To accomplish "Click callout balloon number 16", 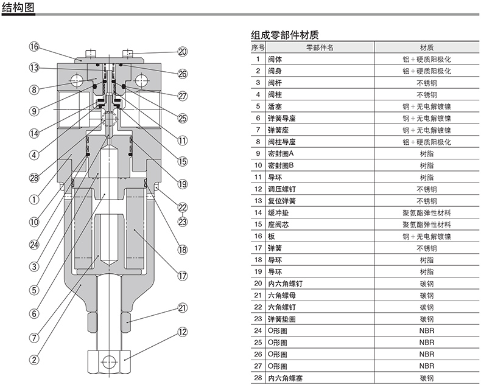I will tap(34, 47).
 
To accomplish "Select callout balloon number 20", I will tap(183, 52).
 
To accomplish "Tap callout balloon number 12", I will tap(182, 332).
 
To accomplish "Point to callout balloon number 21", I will tap(182, 308).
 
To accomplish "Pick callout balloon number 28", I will tap(34, 178).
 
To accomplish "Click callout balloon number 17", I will tap(182, 275).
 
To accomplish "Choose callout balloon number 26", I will tap(183, 74).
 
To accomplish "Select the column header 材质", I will tap(426, 47).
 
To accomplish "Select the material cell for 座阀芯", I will tap(426, 225).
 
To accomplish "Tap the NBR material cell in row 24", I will tap(426, 331).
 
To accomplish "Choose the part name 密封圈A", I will tap(281, 154).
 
